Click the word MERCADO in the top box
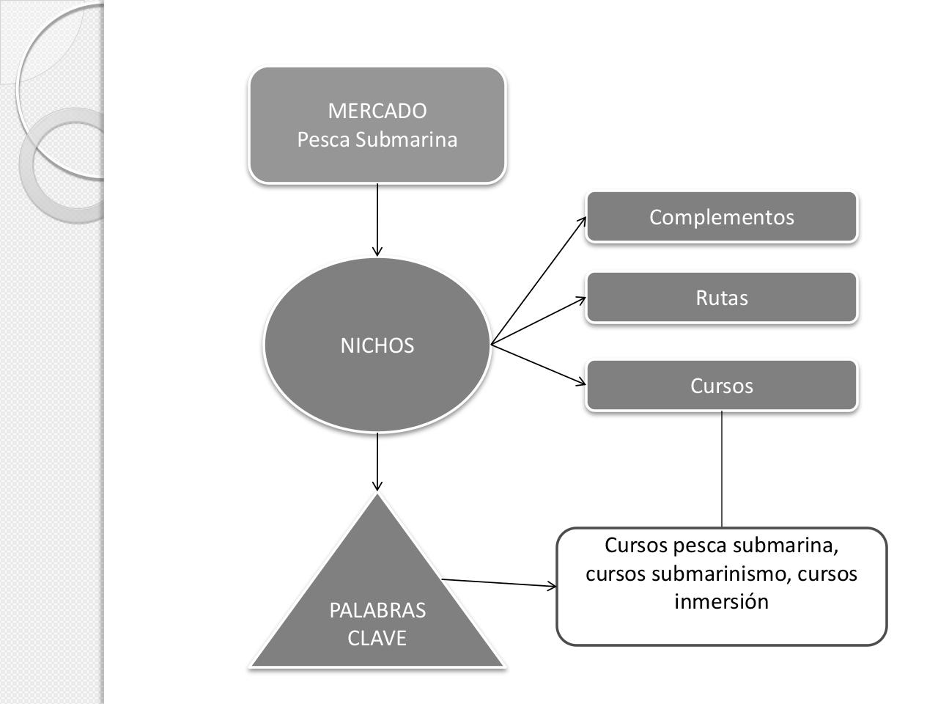tap(377, 111)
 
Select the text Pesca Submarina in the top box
tap(377, 139)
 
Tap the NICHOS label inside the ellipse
tap(377, 345)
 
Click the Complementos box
tap(721, 217)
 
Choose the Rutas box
tap(721, 298)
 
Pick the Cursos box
tap(721, 386)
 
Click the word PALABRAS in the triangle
tap(377, 610)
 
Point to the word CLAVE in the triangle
tap(377, 638)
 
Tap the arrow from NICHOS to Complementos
tap(538, 281)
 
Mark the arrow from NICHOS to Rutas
tap(538, 321)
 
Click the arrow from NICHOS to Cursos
tap(538, 364)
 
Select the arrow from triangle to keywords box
tap(498, 583)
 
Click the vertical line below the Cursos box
tap(722, 469)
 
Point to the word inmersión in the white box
tap(721, 601)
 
